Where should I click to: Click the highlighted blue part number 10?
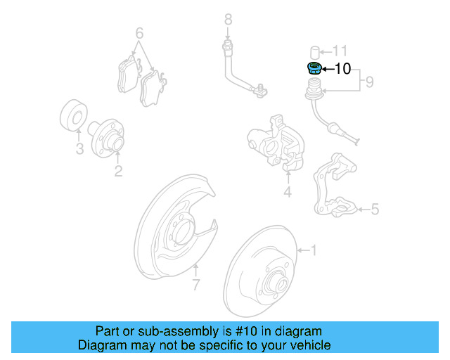pos(314,68)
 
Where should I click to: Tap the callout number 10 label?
pos(342,69)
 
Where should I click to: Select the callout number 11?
pos(340,51)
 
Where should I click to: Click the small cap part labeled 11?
pos(315,51)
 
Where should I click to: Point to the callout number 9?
pos(368,83)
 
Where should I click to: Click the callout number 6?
pos(139,33)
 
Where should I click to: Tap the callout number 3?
pos(79,149)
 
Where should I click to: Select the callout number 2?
pos(118,170)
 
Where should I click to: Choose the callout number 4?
pos(287,193)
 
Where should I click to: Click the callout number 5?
pos(375,209)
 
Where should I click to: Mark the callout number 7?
pos(196,284)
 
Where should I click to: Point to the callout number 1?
pos(314,250)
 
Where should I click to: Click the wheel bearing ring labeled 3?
pos(72,118)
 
